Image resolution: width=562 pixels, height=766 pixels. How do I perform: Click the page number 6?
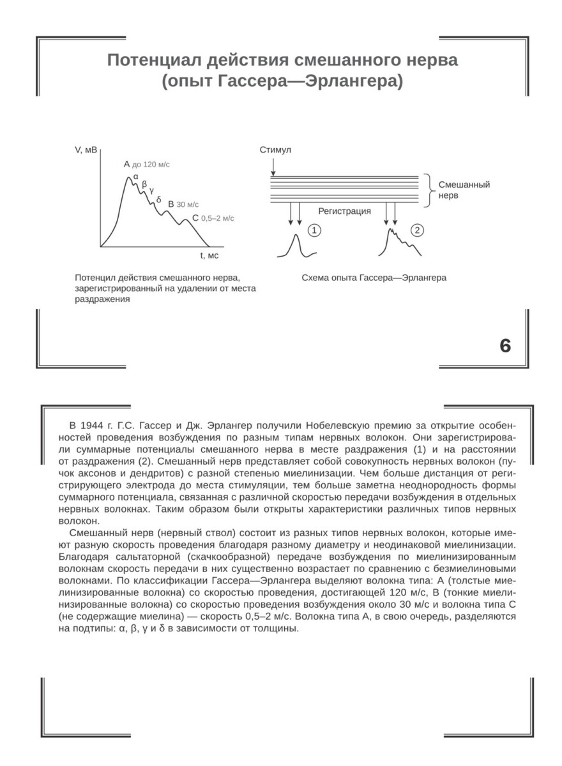coord(505,345)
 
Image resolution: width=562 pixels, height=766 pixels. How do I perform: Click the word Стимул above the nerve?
coord(275,150)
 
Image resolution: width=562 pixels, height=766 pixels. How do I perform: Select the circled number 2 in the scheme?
coord(416,230)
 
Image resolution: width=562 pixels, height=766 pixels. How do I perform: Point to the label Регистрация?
coord(344,210)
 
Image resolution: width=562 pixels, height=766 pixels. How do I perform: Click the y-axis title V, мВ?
coord(86,151)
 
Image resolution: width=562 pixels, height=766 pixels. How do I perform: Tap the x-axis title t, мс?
coord(209,255)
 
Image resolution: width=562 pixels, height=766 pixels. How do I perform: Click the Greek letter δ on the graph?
coord(158,199)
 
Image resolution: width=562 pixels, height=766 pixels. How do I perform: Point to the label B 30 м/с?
coord(183,204)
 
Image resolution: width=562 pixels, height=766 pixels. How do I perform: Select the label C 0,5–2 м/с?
coord(213,218)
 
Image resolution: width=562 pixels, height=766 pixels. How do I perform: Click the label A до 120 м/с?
coord(147,164)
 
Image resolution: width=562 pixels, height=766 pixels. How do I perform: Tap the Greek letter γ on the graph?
coord(151,190)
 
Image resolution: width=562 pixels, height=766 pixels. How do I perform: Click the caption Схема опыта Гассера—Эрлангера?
coord(374,278)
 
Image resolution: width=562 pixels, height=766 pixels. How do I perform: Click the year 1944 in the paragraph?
coord(93,425)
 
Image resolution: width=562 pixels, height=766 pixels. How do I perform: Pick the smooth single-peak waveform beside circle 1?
coord(296,246)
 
